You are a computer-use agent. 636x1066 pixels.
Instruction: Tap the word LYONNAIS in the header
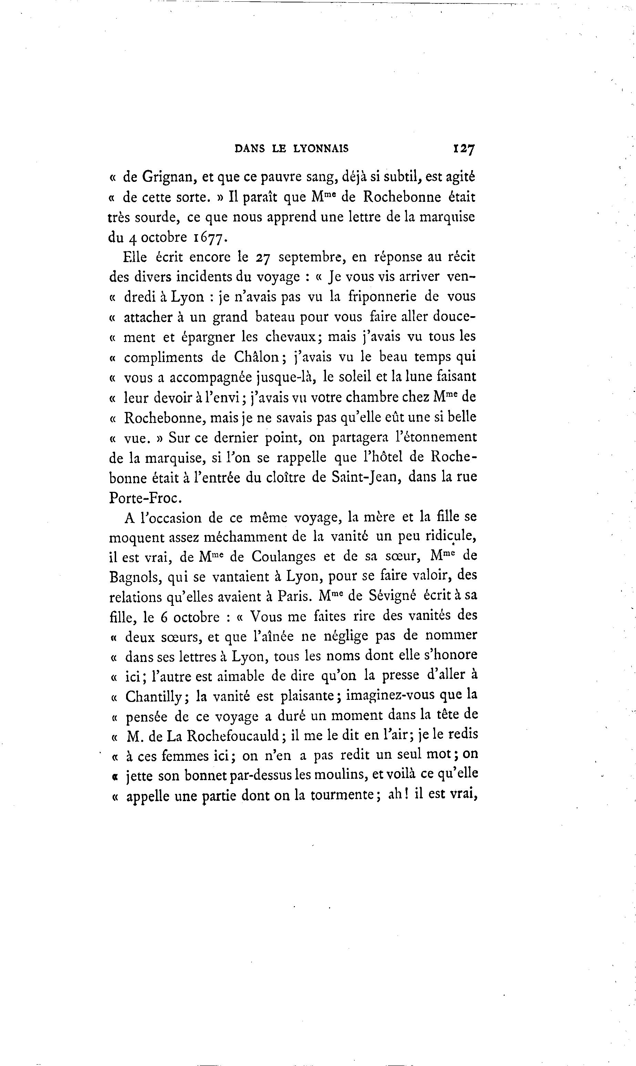click(321, 149)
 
